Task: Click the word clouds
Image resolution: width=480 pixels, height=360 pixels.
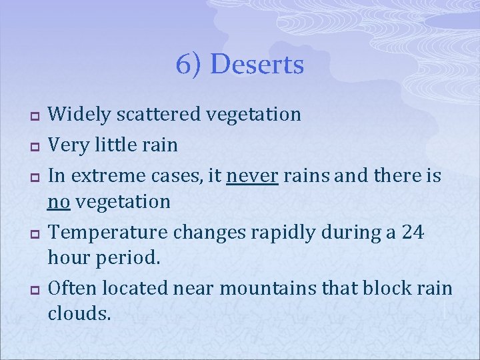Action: click(x=79, y=313)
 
